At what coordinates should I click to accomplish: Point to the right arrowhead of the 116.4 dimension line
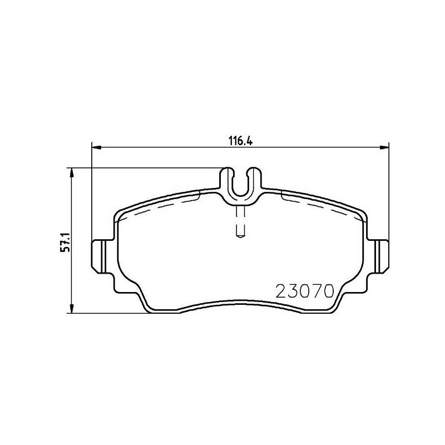pyautogui.click(x=384, y=147)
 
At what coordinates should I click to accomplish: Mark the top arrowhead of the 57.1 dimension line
pyautogui.click(x=71, y=172)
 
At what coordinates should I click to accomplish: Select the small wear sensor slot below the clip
pyautogui.click(x=240, y=222)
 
